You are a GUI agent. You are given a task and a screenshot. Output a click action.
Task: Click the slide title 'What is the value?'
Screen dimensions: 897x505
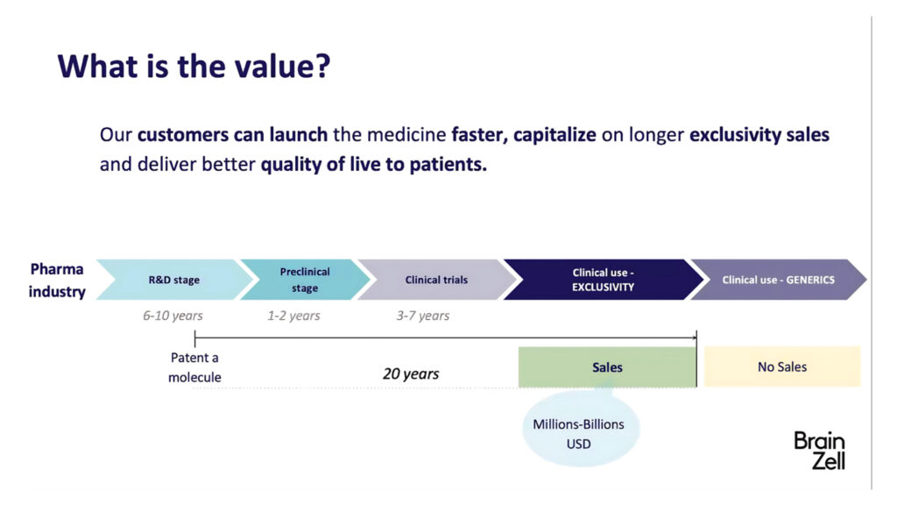(194, 66)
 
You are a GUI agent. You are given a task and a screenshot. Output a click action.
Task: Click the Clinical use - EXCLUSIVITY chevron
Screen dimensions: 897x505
(603, 280)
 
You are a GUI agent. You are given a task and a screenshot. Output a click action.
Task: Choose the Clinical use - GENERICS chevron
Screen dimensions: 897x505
(779, 280)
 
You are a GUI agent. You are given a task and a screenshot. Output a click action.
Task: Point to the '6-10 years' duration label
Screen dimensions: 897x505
(173, 316)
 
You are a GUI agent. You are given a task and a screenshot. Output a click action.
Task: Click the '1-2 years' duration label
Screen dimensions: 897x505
(293, 316)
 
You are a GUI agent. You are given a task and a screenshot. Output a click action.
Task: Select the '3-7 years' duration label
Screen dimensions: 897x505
(423, 316)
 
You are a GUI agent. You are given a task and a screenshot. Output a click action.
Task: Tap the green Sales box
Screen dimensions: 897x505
(607, 367)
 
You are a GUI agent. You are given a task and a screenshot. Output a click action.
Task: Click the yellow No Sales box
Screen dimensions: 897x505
(782, 366)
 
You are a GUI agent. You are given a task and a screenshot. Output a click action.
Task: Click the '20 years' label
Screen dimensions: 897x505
(411, 373)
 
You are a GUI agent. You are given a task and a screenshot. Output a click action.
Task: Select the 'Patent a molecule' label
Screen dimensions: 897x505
(194, 367)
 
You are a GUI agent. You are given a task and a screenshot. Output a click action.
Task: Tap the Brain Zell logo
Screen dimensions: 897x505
(819, 451)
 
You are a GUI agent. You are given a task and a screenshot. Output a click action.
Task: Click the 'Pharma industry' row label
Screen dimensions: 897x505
(57, 280)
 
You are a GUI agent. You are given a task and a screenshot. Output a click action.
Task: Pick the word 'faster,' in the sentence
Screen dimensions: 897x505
(479, 135)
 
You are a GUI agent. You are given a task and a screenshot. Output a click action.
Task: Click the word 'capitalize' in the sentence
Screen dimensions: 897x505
(554, 135)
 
